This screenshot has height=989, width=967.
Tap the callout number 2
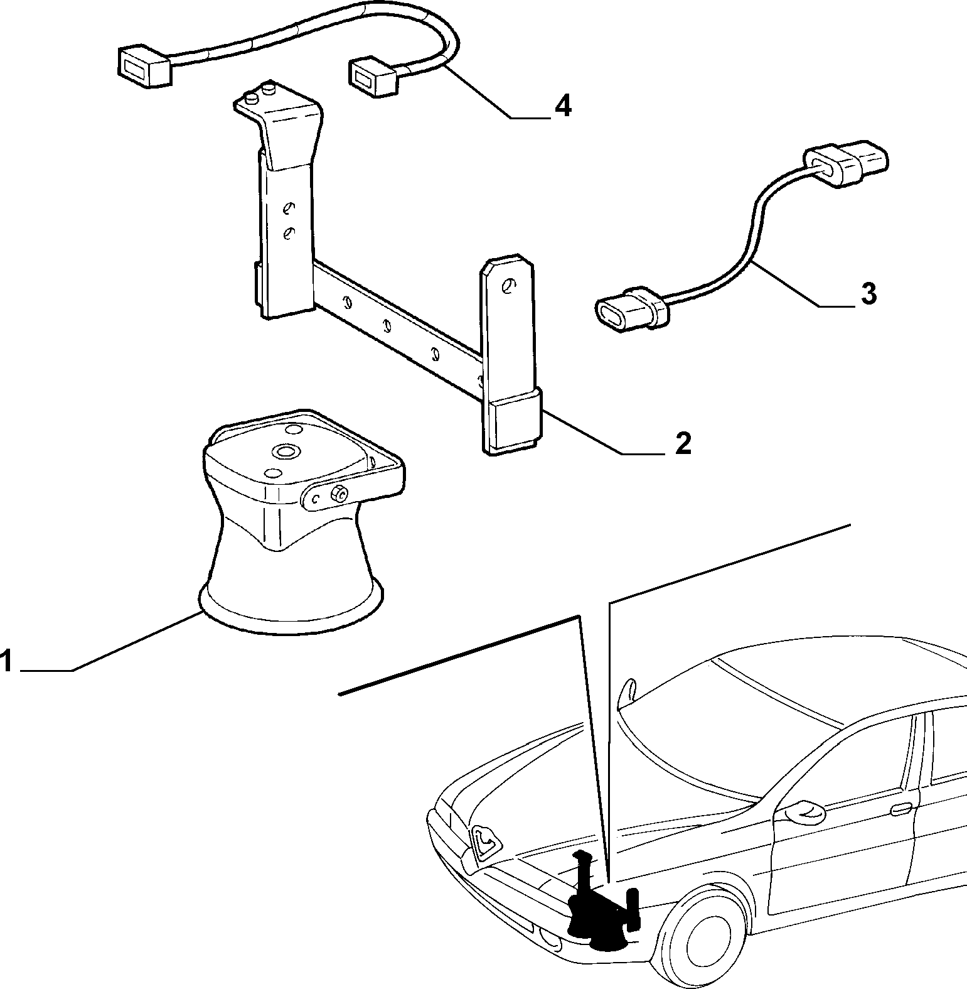coord(682,444)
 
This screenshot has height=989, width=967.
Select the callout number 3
coord(868,294)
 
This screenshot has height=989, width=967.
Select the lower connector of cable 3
coord(629,310)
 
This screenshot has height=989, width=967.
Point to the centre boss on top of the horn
coord(289,452)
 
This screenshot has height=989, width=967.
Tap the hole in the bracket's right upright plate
coord(508,286)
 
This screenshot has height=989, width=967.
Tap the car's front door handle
coord(902,809)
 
